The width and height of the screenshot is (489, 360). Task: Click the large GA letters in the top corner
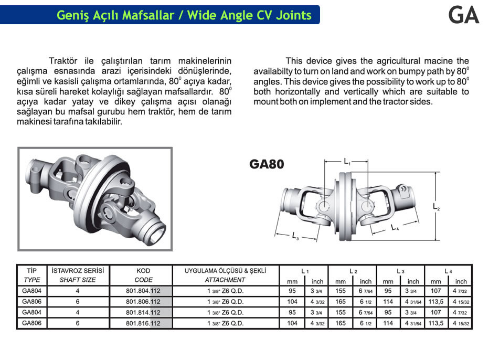[464, 15]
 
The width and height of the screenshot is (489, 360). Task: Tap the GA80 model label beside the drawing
[267, 164]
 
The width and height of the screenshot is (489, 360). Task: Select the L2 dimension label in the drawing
[436, 208]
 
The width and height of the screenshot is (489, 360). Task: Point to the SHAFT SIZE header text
[78, 280]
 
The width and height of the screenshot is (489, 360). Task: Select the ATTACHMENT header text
[225, 280]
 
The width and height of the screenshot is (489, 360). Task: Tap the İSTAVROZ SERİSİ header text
[78, 271]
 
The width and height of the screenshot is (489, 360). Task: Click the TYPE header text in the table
[32, 280]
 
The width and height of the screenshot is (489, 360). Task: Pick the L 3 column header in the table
[400, 271]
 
